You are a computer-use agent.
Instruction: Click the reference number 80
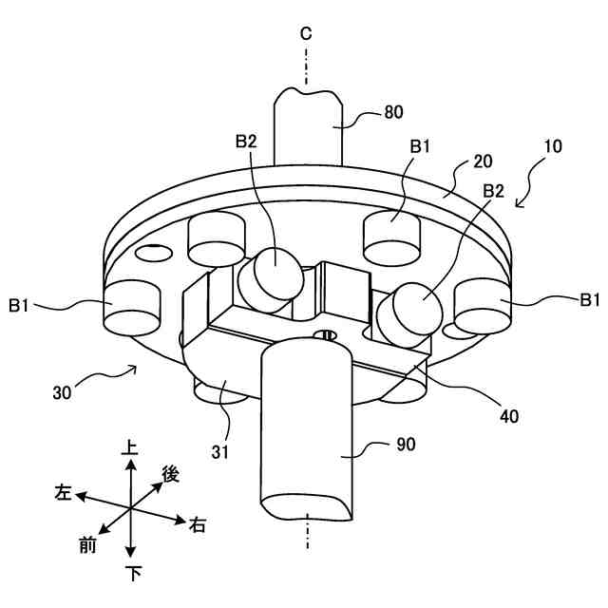392,112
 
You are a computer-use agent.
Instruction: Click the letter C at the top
306,34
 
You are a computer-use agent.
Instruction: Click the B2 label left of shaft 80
246,141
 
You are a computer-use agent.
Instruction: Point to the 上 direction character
131,445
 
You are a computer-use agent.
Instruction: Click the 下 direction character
131,573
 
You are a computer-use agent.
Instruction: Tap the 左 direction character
63,492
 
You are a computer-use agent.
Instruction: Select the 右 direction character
198,525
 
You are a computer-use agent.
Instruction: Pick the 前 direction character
87,544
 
